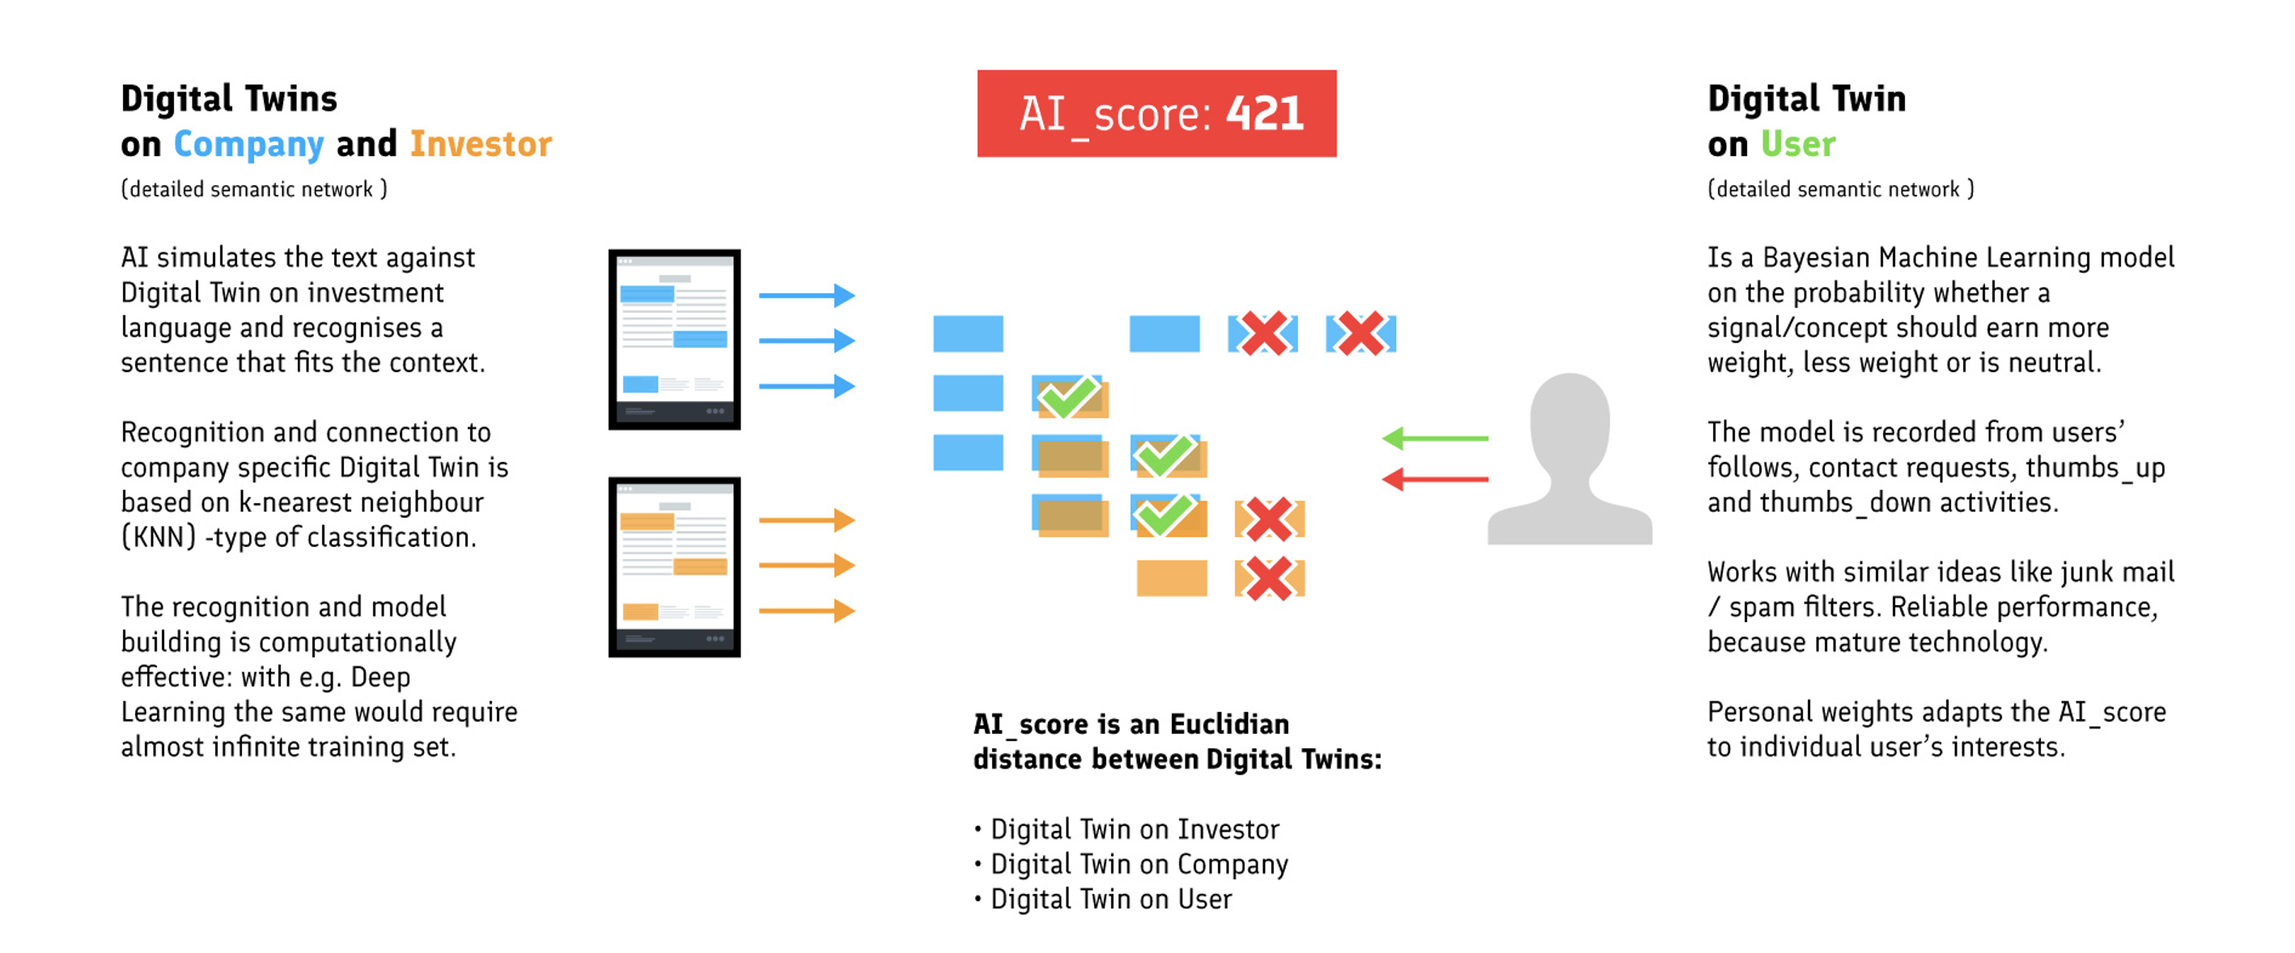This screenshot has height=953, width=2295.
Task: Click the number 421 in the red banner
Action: point(1264,113)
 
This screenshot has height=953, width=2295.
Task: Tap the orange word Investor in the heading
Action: point(481,143)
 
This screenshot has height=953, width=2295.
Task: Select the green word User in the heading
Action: point(1798,143)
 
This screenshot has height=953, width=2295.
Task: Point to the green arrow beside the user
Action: point(1434,438)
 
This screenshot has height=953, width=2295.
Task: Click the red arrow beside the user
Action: point(1434,479)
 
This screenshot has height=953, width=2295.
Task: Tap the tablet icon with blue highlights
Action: point(674,339)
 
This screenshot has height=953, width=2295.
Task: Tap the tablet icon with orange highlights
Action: point(674,567)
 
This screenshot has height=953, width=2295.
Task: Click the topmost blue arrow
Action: point(807,294)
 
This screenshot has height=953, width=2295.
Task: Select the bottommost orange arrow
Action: point(807,610)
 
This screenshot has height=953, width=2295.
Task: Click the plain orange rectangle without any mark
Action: point(1172,578)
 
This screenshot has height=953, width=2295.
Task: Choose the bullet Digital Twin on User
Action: point(1111,899)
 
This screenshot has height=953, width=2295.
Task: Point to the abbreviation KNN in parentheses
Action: point(159,537)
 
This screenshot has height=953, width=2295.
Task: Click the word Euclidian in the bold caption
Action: point(1228,723)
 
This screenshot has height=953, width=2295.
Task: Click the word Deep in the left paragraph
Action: point(380,677)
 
